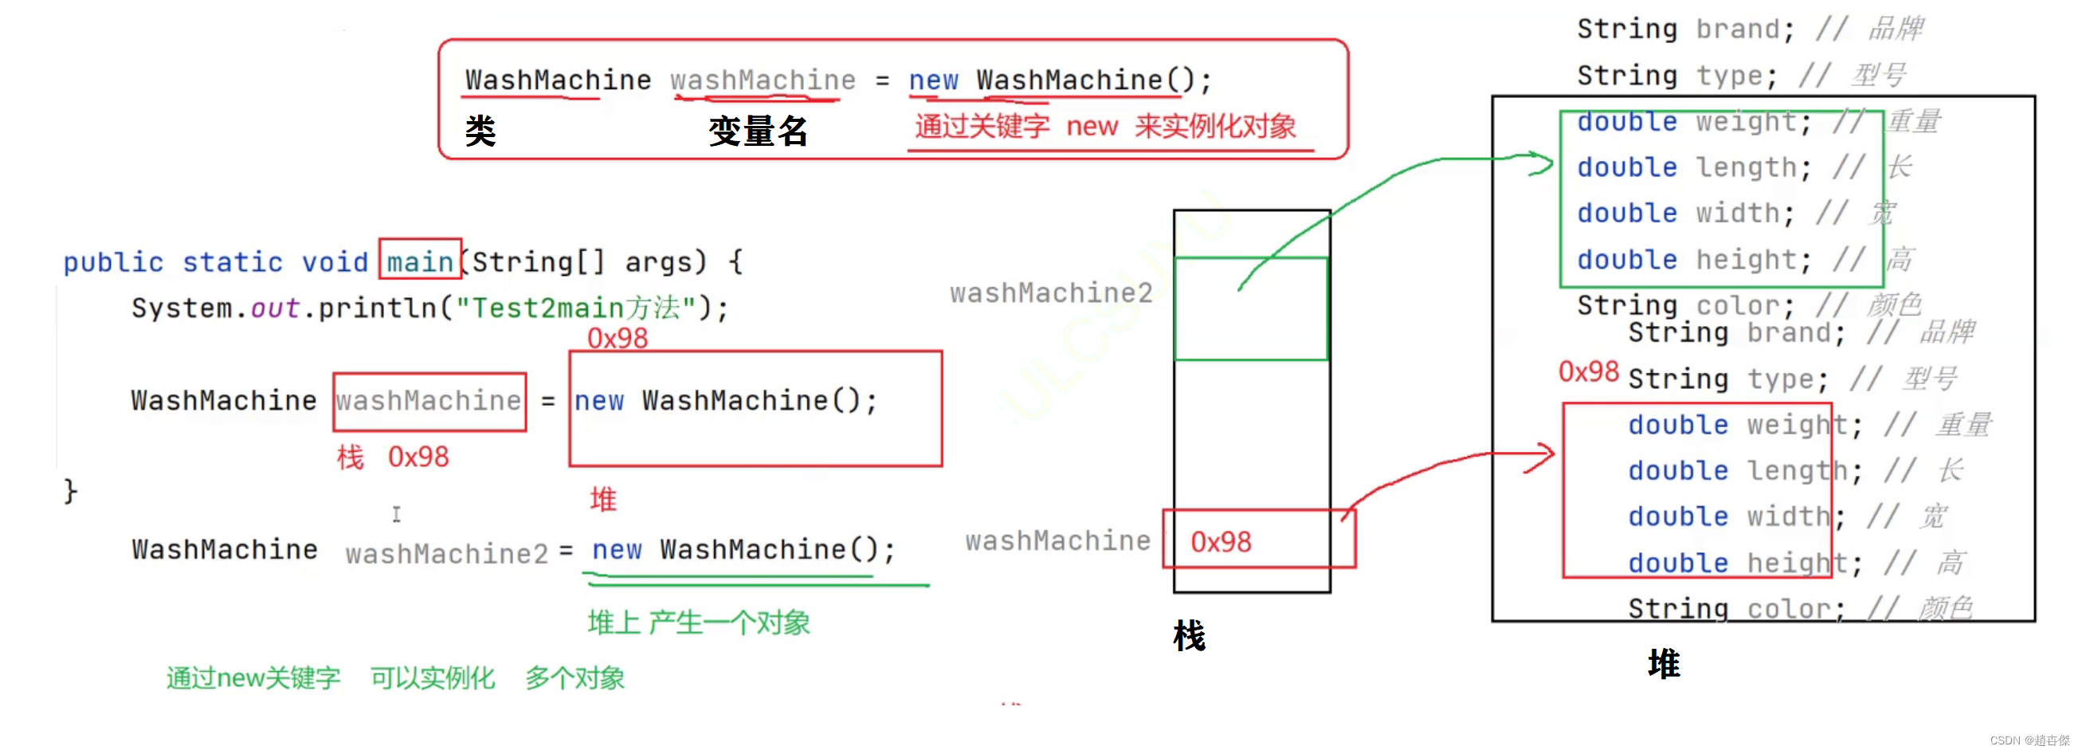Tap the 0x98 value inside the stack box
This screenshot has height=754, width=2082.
point(1221,541)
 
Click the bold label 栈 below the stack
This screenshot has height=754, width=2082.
point(1189,636)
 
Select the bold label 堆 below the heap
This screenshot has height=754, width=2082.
point(1664,663)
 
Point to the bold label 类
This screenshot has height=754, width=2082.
point(480,131)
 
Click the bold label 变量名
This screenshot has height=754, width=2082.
point(757,131)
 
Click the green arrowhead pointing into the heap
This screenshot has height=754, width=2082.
point(1540,164)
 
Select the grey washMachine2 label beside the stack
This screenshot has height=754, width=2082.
point(1051,293)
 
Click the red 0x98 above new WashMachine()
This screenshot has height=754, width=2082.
point(618,338)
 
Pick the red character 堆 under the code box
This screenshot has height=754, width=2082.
point(603,499)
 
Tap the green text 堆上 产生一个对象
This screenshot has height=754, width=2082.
point(698,622)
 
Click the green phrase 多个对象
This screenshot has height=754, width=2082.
point(574,677)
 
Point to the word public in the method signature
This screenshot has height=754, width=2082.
point(113,262)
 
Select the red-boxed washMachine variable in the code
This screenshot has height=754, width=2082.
point(429,401)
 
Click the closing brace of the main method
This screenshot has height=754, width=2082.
point(70,490)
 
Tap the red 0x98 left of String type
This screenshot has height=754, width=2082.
point(1588,371)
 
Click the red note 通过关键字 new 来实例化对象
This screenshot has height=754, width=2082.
point(1105,126)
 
